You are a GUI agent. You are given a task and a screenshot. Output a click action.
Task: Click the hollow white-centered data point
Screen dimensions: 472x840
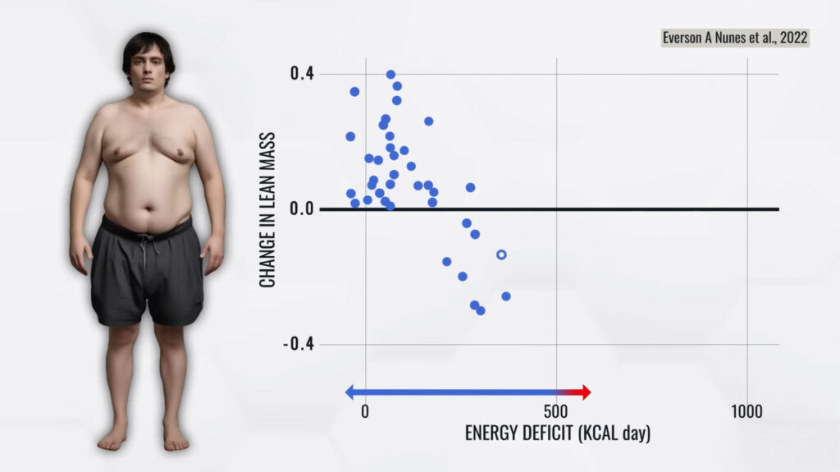pos(501,254)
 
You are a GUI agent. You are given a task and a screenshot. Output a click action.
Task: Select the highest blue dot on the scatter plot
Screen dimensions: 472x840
pos(390,75)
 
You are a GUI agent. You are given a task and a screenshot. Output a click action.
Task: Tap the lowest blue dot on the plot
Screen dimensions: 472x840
pos(480,310)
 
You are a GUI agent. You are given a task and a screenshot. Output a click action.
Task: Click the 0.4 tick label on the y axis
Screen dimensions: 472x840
pos(301,74)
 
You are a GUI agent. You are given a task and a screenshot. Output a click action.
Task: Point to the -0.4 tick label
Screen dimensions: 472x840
pos(299,344)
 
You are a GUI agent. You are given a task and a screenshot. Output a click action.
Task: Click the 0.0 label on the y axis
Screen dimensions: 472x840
pos(301,209)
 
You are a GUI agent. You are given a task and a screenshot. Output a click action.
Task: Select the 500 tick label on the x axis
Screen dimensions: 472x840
pos(555,411)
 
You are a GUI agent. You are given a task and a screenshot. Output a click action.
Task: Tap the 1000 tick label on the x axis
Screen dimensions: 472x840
pos(746,411)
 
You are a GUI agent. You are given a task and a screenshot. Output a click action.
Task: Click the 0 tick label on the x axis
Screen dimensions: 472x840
pos(365,411)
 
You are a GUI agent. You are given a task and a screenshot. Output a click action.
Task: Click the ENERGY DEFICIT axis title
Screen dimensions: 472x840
pos(557,433)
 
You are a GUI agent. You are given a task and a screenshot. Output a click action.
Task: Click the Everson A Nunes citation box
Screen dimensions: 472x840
pos(736,38)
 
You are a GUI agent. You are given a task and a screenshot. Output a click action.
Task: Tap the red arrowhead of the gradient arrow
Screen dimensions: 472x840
pos(585,392)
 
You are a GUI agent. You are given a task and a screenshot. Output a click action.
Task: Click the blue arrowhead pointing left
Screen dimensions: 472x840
pos(350,392)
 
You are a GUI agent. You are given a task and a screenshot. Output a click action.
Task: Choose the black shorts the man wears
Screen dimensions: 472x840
pos(147,275)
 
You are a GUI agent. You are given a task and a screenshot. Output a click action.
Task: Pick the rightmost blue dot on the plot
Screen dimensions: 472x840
pos(505,296)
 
